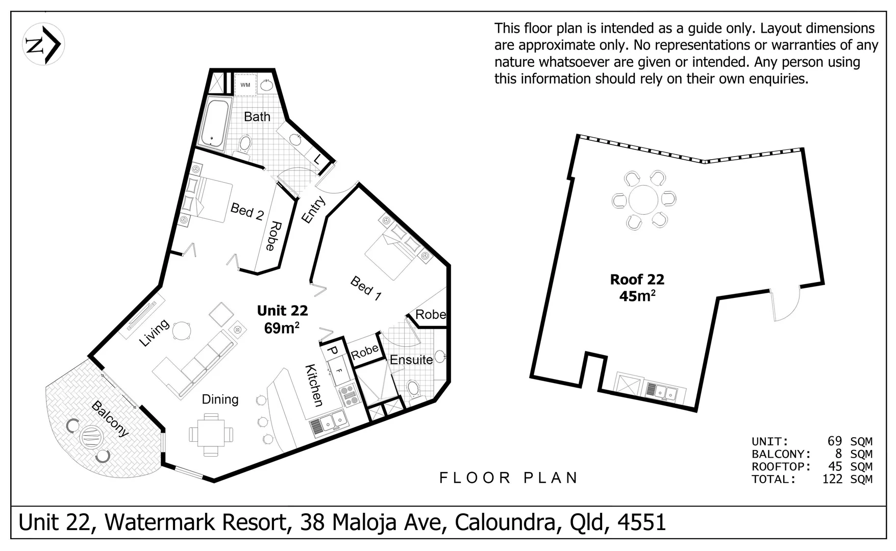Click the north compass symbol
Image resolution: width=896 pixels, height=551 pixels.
point(43,44)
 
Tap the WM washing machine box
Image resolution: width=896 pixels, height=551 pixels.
point(245,85)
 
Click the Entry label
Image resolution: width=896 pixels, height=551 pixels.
point(313,210)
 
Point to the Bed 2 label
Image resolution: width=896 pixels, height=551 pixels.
point(247,211)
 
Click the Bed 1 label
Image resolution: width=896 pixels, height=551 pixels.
point(366,288)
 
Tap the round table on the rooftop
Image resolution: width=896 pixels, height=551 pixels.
point(643,200)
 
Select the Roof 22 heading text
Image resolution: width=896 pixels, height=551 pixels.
point(637,280)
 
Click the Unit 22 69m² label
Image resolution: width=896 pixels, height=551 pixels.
point(282,319)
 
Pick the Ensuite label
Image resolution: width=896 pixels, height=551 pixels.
point(411,360)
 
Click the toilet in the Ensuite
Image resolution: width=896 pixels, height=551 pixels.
point(413,388)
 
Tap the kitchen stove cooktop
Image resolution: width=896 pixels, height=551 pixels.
point(350,395)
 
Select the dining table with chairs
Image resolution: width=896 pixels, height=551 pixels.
point(211,435)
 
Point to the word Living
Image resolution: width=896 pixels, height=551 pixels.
point(154,333)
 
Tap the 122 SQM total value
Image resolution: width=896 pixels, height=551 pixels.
point(847,479)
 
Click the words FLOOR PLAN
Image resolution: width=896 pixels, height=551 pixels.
point(509,478)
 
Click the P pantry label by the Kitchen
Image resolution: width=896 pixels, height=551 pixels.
point(332,350)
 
